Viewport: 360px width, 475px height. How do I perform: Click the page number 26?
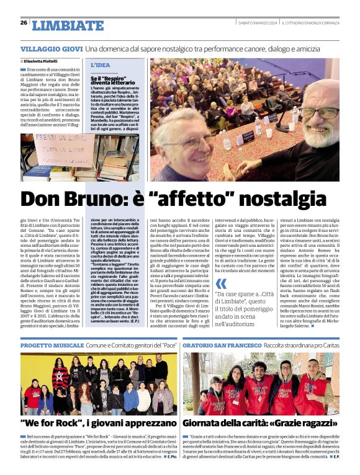click(x=23, y=23)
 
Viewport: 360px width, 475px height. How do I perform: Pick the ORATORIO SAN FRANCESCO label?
click(x=221, y=344)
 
